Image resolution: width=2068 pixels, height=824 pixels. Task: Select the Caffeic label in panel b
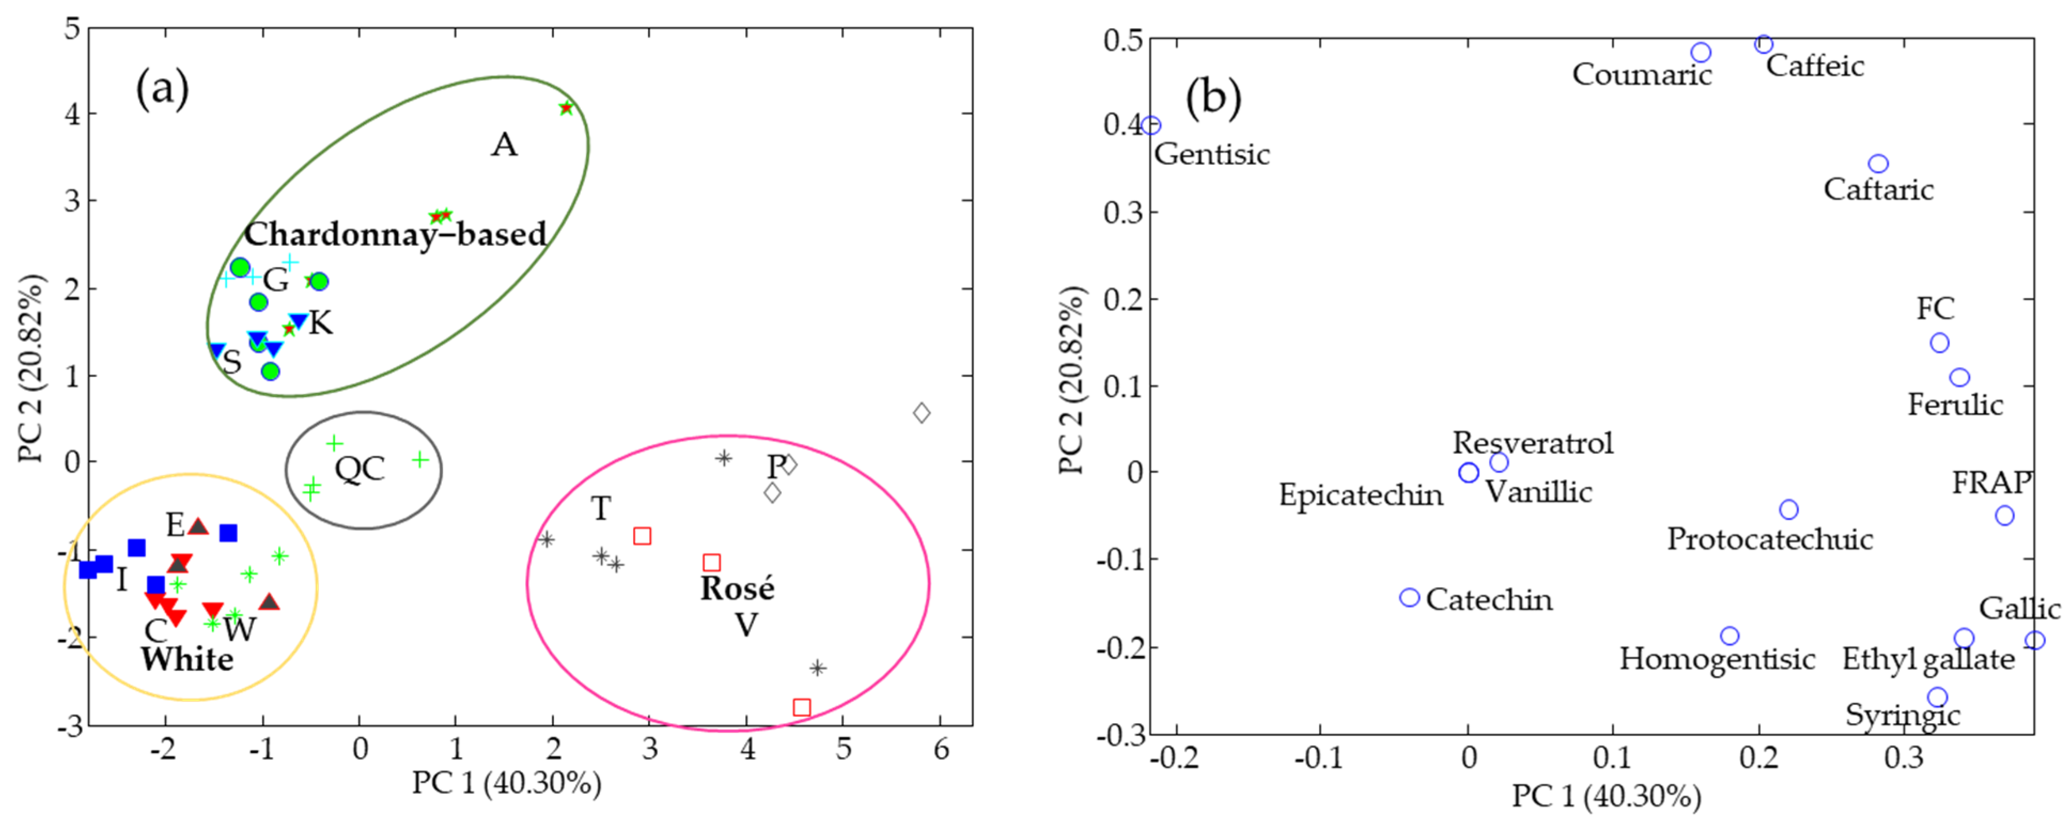(x=1814, y=66)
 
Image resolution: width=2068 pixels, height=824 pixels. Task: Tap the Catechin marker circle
(x=1410, y=597)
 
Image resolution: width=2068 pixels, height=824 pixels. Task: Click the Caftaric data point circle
(x=1878, y=164)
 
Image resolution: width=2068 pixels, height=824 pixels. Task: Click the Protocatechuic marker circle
(x=1789, y=510)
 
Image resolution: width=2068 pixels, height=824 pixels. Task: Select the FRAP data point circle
(x=2004, y=515)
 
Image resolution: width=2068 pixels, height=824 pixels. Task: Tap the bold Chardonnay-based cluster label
(x=395, y=234)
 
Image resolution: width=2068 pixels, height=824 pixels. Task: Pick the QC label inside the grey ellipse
(x=360, y=469)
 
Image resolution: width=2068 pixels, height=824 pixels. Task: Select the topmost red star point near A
(x=566, y=107)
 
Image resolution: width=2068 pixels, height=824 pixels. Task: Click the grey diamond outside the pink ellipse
(x=922, y=413)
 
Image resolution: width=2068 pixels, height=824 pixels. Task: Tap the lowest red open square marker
(x=801, y=707)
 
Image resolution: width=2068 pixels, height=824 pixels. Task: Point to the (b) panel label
(x=1213, y=98)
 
